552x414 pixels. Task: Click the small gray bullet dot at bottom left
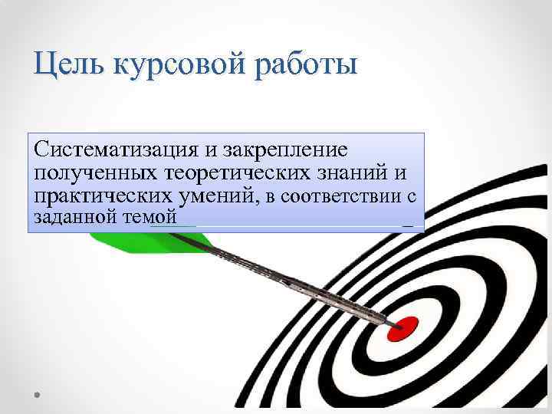click(x=38, y=393)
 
